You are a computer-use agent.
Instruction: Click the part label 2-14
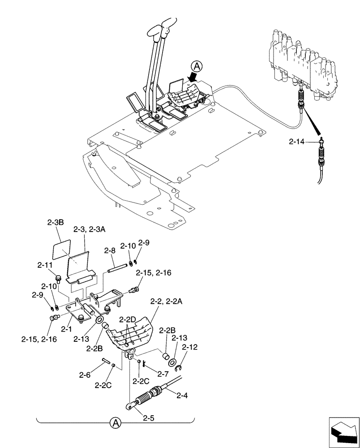(296, 142)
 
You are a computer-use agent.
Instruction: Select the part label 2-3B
(55, 222)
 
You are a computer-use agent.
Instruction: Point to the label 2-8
(111, 251)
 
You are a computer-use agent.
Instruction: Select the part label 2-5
(149, 419)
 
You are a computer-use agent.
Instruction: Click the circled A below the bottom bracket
(115, 422)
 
